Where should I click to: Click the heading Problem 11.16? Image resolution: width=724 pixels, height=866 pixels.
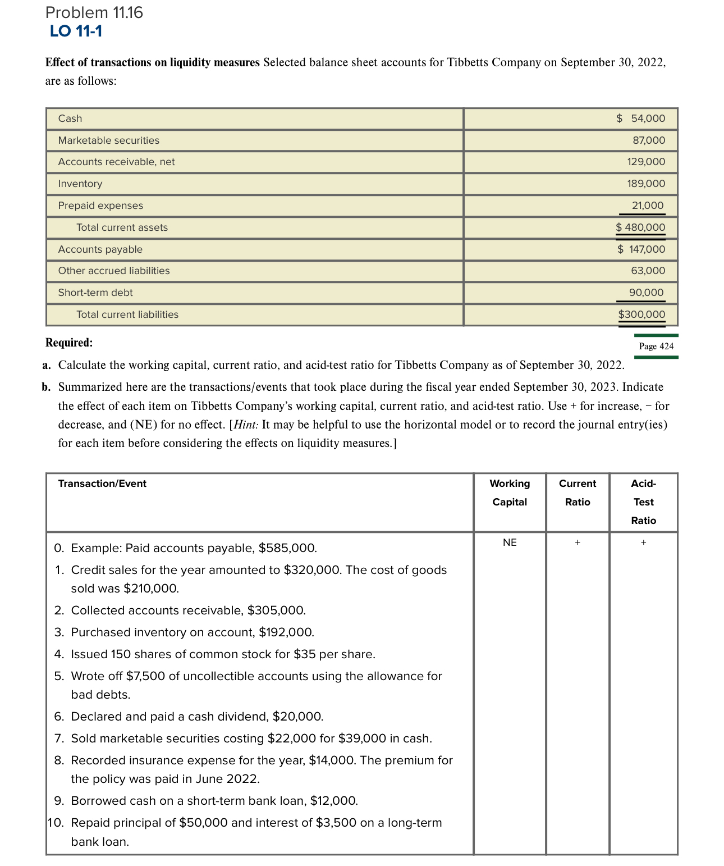(x=94, y=12)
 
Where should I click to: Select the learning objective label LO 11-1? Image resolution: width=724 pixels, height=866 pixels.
(x=76, y=31)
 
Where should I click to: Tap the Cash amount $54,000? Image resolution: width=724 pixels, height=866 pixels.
(x=640, y=118)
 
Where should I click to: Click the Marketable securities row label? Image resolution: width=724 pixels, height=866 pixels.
(x=108, y=140)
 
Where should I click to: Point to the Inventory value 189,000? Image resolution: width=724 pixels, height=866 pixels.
(x=646, y=184)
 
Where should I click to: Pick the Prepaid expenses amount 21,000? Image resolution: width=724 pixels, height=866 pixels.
(x=647, y=206)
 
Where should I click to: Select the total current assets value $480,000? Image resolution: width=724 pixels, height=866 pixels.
(x=640, y=227)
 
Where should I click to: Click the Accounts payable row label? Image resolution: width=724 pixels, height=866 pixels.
(x=100, y=249)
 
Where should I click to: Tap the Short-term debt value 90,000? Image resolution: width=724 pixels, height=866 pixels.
(x=646, y=293)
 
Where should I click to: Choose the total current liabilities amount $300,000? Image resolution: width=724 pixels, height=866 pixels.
(x=641, y=315)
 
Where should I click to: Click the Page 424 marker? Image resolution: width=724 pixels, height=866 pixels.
(x=656, y=346)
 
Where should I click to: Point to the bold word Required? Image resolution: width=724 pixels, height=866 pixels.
(x=69, y=343)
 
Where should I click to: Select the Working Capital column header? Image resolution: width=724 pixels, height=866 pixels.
(x=510, y=493)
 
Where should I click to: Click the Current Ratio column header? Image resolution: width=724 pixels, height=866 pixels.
(x=578, y=493)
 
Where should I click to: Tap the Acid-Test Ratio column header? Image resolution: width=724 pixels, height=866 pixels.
(x=643, y=502)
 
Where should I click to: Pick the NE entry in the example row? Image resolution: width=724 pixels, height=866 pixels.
(x=510, y=543)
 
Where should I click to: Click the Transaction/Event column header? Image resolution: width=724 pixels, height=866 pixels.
(x=102, y=484)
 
